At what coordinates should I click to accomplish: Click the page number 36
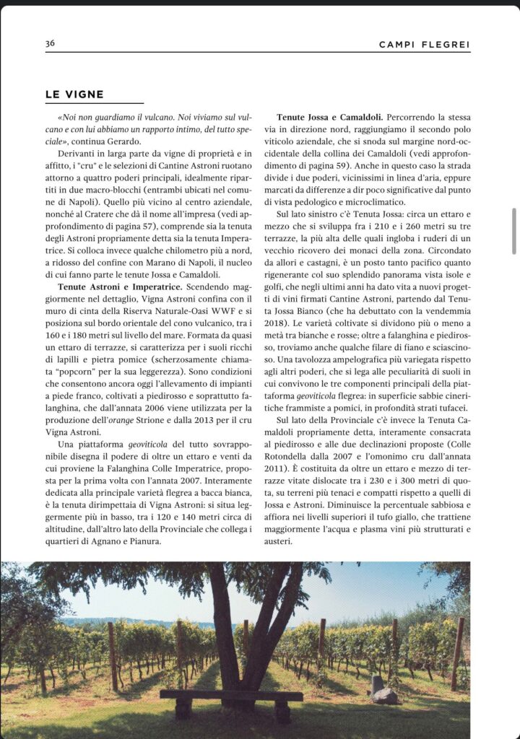coord(50,43)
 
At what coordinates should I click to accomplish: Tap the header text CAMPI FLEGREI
coord(424,45)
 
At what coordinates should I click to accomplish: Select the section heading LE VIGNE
coord(74,95)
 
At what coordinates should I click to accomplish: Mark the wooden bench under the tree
coord(231,696)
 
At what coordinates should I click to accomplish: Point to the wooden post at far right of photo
coord(457,654)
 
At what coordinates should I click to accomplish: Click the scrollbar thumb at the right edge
coord(514,230)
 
